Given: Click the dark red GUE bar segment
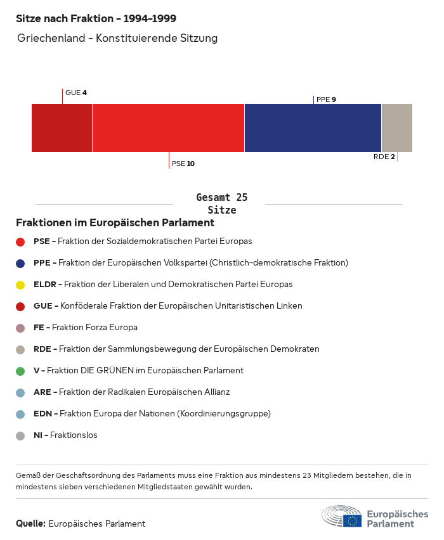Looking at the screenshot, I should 62,128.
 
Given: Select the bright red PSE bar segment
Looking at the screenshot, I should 168,128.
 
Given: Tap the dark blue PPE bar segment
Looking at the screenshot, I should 313,128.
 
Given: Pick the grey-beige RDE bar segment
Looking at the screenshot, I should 396,128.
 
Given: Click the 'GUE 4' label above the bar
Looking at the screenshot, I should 75,93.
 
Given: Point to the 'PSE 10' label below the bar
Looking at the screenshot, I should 183,164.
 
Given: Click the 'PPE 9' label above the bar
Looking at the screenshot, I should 326,100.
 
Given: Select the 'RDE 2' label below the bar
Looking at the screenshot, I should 384,157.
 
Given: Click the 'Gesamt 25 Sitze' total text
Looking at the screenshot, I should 221,204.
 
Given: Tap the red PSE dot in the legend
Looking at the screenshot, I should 20,241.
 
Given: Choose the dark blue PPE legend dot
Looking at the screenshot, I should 20,263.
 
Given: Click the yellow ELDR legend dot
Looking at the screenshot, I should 20,285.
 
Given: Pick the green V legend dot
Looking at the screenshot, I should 20,371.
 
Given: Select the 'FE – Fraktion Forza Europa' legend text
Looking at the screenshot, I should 86,328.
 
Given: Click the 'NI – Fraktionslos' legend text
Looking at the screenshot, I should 65,435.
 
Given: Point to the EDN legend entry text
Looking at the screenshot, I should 152,414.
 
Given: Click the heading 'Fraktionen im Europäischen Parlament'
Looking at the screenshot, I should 115,223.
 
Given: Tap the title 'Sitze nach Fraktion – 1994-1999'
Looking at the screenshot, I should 96,18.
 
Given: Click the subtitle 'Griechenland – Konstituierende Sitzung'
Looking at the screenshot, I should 117,38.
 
